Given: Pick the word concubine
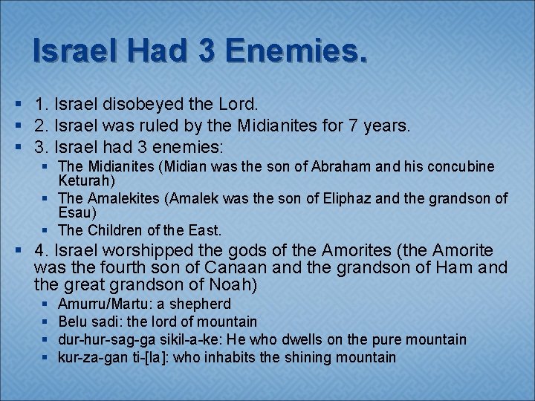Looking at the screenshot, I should coord(457,167).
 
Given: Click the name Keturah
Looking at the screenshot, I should coord(85,180).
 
